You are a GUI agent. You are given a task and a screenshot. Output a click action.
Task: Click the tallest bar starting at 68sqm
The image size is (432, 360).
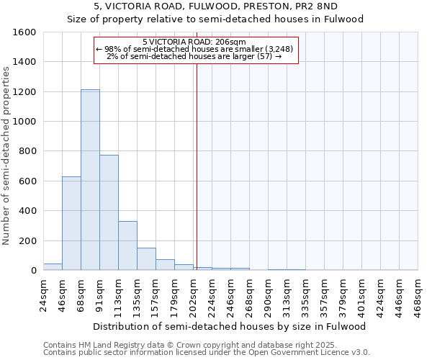(x=90, y=180)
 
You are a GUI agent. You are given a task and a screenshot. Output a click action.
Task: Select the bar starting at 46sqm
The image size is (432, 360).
(x=71, y=223)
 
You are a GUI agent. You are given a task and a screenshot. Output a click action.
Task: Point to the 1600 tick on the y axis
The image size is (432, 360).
(x=27, y=32)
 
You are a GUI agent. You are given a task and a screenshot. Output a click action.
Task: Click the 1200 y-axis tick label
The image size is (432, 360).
(x=27, y=92)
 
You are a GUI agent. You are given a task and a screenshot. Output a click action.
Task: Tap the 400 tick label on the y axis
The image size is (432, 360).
(x=29, y=211)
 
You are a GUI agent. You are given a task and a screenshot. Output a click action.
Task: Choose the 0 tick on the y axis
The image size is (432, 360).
(x=33, y=271)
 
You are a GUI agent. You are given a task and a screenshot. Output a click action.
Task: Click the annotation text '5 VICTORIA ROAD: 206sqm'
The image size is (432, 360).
(x=194, y=42)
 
